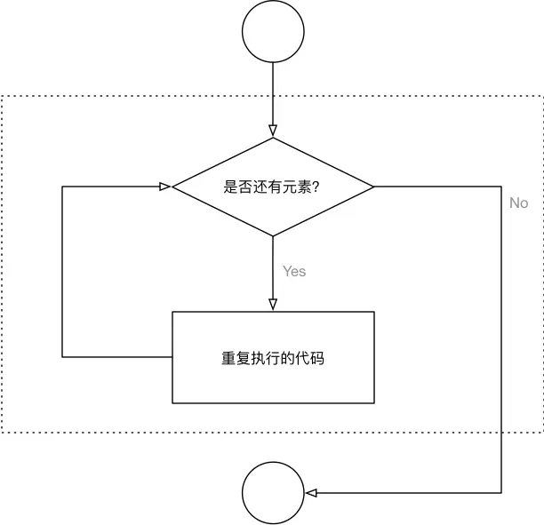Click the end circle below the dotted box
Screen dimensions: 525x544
point(273,493)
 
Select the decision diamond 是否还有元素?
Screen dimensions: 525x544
point(273,187)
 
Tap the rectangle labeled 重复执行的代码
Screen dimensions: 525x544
point(273,358)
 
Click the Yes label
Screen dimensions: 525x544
point(294,271)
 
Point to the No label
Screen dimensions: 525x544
point(518,203)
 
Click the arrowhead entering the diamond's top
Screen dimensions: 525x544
point(273,132)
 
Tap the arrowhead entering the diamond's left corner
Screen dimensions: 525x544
point(165,187)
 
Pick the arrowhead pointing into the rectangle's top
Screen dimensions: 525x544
point(273,305)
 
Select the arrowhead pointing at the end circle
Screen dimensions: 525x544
point(310,493)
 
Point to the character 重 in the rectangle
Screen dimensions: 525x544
point(228,359)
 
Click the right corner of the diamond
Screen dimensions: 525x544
point(373,187)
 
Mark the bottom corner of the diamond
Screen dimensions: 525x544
point(273,235)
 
